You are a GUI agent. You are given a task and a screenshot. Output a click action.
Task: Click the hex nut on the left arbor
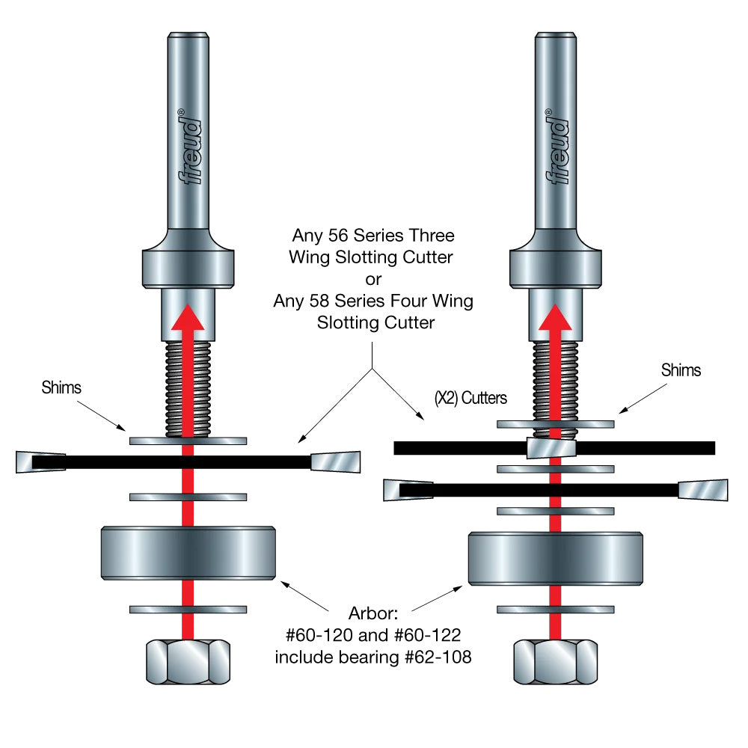pos(188,661)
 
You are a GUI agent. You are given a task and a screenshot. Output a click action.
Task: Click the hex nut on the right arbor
pos(555,661)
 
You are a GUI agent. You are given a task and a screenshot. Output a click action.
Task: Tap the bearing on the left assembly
pos(188,554)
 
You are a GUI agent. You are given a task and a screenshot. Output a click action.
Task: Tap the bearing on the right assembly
pos(555,559)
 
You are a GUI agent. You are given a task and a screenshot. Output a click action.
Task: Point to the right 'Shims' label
pos(681,370)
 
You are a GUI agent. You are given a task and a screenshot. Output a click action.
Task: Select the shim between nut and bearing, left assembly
pos(188,610)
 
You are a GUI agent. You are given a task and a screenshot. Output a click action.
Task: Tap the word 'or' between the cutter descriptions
pos(373,280)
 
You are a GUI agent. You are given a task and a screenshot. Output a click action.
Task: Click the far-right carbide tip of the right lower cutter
pos(703,490)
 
